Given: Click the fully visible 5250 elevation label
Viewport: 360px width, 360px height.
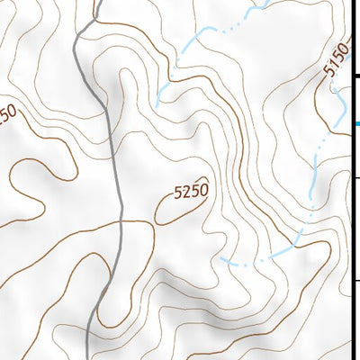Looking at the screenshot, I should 191,191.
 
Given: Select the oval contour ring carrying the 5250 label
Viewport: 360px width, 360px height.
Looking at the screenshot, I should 162,216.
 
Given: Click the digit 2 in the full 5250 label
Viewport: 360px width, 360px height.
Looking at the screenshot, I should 186,192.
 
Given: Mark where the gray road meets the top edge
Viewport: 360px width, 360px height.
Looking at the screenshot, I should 96,2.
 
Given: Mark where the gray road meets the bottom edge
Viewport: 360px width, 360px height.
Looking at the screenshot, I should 86,357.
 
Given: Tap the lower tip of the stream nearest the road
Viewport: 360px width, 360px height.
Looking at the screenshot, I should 157,104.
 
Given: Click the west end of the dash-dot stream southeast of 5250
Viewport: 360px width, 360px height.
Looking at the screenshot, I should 222,258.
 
